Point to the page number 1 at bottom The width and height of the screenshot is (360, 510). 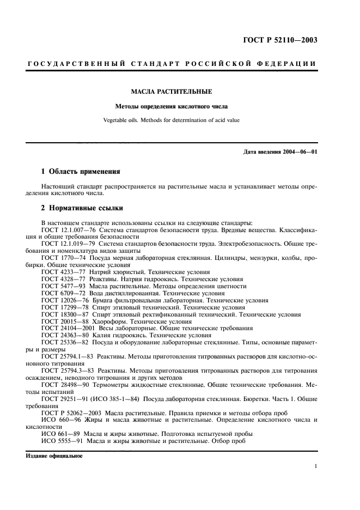(x=315, y=467)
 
